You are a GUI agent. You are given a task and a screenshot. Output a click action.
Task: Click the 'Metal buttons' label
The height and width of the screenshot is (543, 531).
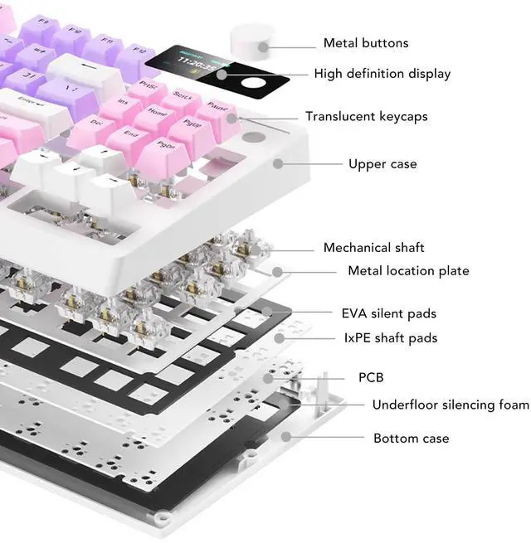(x=366, y=43)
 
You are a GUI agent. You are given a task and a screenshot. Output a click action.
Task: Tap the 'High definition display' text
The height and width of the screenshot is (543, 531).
(x=382, y=74)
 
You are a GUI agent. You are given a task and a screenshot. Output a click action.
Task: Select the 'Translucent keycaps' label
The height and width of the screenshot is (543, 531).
(x=367, y=117)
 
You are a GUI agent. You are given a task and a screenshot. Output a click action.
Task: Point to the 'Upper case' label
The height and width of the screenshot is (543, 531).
(x=382, y=164)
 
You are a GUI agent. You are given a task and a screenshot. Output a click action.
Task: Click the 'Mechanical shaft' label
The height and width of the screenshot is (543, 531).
(x=373, y=248)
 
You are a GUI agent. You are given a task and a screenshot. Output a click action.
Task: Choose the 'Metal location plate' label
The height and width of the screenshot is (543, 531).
(x=408, y=271)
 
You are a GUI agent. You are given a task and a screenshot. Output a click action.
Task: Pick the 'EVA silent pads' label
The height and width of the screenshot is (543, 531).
(x=388, y=314)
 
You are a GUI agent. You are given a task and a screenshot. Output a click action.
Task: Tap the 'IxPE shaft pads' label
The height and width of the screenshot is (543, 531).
(x=390, y=338)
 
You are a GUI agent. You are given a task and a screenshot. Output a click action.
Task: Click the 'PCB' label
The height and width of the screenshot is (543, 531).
(x=371, y=378)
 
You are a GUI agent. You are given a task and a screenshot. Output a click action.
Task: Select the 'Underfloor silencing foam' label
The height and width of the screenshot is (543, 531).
(x=450, y=405)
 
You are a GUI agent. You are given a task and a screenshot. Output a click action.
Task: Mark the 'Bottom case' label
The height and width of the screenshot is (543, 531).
(x=411, y=439)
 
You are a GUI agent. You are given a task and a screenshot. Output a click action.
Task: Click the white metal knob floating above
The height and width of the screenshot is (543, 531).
(x=251, y=39)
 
